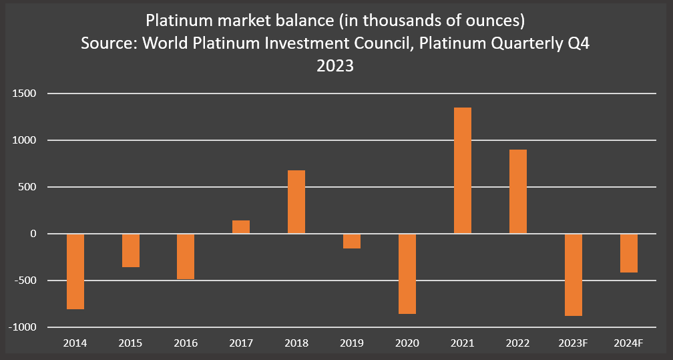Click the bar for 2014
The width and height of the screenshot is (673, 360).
(x=75, y=271)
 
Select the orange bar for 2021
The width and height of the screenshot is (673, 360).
(x=463, y=170)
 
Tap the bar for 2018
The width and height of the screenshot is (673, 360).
(x=296, y=202)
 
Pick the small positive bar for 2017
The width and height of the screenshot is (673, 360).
(x=241, y=227)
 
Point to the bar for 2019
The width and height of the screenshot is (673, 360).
(x=352, y=241)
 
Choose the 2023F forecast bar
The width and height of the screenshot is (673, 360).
(x=574, y=275)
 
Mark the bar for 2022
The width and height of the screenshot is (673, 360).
(x=518, y=192)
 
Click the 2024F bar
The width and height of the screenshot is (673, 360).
(x=629, y=253)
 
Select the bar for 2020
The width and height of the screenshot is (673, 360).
(x=407, y=274)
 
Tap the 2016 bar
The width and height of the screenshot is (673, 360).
(x=186, y=256)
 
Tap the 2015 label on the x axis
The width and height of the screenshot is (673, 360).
(x=130, y=343)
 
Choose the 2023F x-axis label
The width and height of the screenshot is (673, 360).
(x=574, y=343)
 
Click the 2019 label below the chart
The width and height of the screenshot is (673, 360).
(x=352, y=343)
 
